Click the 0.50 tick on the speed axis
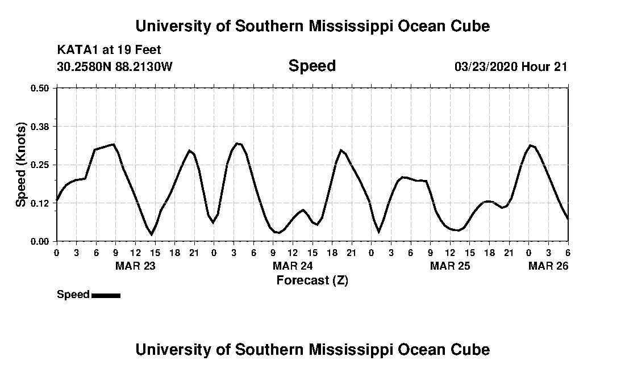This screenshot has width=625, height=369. click(40, 88)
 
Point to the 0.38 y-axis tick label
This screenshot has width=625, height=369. click(40, 126)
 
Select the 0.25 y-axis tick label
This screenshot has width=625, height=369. click(40, 165)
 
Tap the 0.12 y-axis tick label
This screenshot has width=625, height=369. click(40, 203)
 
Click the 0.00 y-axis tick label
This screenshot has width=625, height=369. click(40, 241)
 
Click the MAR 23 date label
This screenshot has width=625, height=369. click(135, 266)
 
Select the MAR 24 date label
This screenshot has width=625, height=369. click(293, 266)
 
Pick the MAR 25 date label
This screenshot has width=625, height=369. click(450, 266)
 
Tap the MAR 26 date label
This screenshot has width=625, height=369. click(549, 266)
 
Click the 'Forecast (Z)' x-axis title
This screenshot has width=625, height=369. click(312, 280)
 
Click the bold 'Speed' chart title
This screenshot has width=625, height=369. click(312, 66)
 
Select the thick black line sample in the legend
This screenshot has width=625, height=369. click(106, 295)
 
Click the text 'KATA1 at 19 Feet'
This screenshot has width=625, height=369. click(109, 50)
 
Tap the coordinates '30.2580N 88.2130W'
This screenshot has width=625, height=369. click(115, 66)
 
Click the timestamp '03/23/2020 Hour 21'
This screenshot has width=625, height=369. click(511, 66)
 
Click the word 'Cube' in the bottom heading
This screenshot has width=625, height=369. click(469, 349)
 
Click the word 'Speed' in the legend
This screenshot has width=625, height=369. click(73, 295)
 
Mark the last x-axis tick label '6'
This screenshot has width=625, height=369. click(568, 253)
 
